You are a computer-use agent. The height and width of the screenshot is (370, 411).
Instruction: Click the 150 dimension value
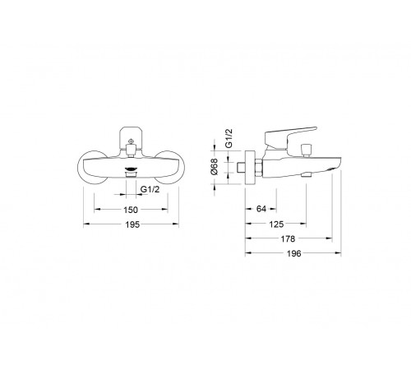(x=131, y=210)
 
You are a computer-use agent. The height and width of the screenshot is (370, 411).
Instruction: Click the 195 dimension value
(x=132, y=224)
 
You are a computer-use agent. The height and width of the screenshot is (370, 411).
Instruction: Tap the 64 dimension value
(x=261, y=209)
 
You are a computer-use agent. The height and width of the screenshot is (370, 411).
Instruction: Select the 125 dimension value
(x=276, y=224)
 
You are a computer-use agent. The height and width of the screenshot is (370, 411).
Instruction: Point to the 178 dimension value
(x=288, y=239)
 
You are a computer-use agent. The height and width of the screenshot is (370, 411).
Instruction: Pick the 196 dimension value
(x=294, y=254)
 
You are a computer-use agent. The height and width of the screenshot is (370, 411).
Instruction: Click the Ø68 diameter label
(x=214, y=166)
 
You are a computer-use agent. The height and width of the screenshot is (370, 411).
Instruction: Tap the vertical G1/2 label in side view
(x=229, y=138)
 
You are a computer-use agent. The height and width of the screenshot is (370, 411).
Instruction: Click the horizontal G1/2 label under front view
(x=150, y=189)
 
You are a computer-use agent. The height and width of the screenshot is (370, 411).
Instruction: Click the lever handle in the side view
(x=290, y=136)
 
